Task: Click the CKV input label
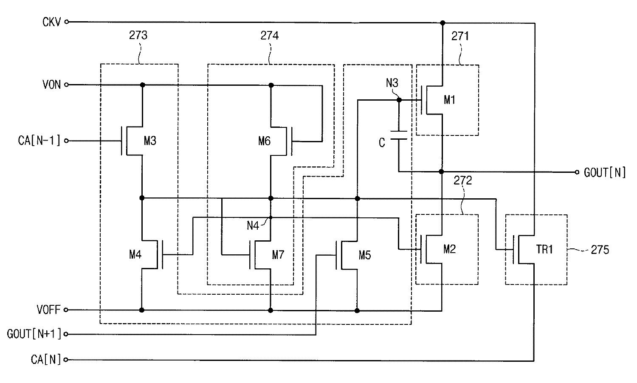51,22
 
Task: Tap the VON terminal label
51,84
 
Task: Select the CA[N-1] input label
39,141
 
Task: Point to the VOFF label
49,310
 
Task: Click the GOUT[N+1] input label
34,334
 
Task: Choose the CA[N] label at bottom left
46,359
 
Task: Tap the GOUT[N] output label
605,172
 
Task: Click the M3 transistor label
150,141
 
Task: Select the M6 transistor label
264,141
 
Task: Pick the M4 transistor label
135,254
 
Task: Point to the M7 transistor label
278,255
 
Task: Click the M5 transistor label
364,255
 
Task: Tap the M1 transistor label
449,100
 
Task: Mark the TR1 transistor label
544,249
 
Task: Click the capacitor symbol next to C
399,135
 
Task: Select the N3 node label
392,83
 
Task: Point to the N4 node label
253,226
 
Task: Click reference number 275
600,250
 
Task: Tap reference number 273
138,35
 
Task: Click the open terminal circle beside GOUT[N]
577,172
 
